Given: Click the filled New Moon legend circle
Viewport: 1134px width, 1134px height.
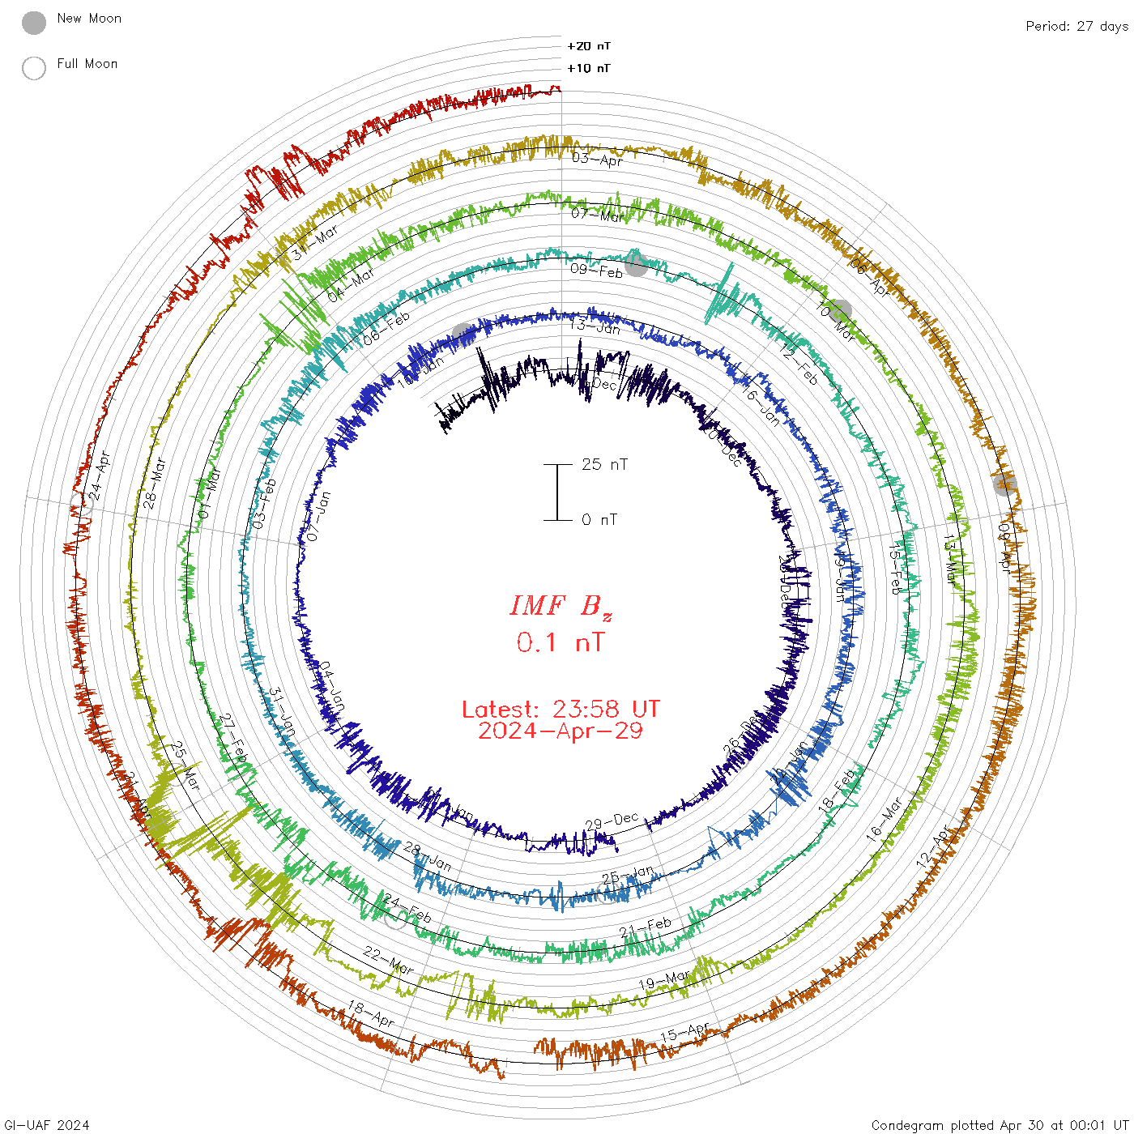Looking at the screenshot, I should click(x=34, y=23).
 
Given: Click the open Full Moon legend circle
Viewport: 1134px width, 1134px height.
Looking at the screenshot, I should click(x=34, y=68).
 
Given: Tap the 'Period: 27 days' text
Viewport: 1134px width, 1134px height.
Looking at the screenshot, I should click(x=1076, y=26).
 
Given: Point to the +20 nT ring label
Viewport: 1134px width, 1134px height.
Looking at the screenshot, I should click(x=589, y=46).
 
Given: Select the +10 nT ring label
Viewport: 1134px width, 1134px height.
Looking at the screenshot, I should click(x=589, y=68).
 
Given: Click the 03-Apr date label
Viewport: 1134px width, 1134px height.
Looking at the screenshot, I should click(x=598, y=159).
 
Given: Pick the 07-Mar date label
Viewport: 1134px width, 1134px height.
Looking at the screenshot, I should click(x=598, y=215).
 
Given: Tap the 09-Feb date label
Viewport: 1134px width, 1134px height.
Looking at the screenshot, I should click(x=597, y=270).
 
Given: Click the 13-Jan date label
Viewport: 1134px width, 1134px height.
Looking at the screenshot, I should click(x=595, y=326).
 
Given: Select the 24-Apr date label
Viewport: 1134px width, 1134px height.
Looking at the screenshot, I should click(x=100, y=475).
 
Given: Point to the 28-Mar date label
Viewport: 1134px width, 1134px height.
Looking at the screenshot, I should click(x=155, y=483).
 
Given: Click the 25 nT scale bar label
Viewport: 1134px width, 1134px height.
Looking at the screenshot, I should click(x=604, y=464).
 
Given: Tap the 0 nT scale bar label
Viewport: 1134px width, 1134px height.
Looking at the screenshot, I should click(x=599, y=519).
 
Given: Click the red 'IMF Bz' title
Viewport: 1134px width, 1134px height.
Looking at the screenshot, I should click(x=561, y=606).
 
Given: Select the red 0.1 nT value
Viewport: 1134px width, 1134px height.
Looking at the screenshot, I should click(x=561, y=642).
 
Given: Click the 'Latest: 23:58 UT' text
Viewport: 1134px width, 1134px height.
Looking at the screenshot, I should click(x=561, y=710).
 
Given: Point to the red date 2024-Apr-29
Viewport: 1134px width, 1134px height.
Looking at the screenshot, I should click(x=561, y=731).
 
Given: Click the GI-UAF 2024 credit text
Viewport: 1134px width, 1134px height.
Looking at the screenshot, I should click(x=47, y=1125).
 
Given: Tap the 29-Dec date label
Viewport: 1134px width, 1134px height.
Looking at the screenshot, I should click(x=612, y=821).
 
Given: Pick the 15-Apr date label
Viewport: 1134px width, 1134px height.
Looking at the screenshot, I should click(x=685, y=1033).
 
